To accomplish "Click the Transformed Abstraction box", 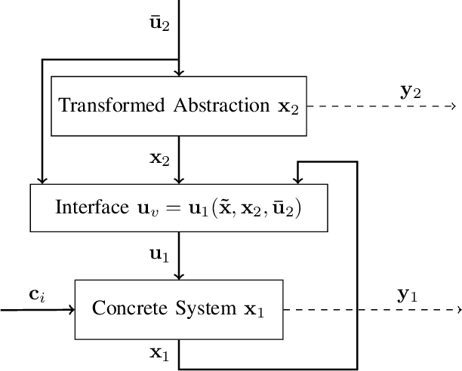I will tap(179, 105).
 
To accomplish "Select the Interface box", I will tap(179, 207).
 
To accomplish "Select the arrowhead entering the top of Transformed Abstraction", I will tap(179, 72).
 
